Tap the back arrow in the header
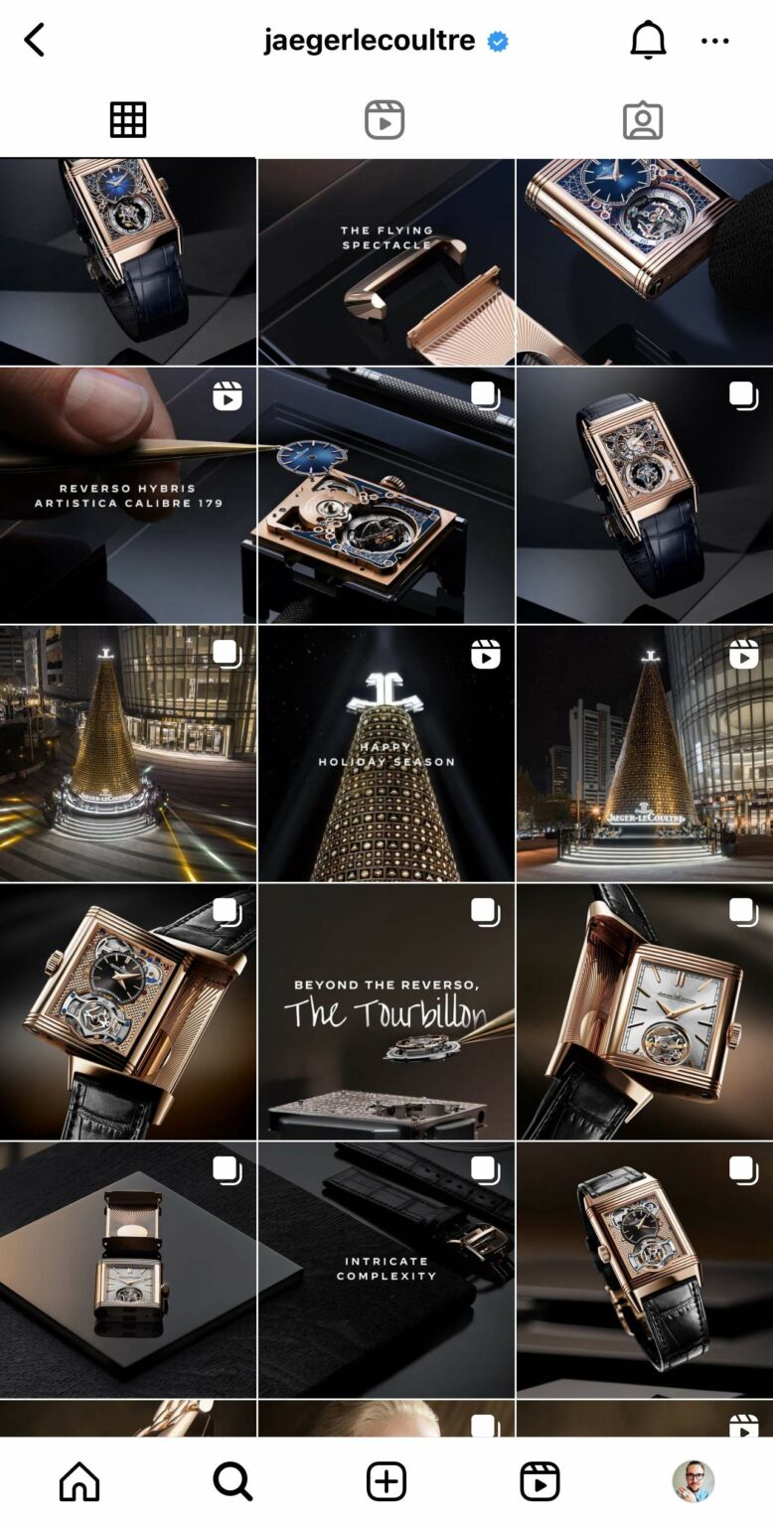click(x=35, y=41)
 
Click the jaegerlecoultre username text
click(x=370, y=41)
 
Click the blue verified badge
click(x=498, y=42)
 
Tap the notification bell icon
click(x=648, y=41)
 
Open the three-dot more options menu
click(x=715, y=41)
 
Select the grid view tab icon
click(x=128, y=120)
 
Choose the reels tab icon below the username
click(x=385, y=120)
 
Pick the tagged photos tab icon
click(x=643, y=120)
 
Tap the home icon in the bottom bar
click(x=79, y=1481)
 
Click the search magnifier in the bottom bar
click(x=232, y=1481)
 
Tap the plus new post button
click(x=386, y=1481)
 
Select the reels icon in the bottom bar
click(x=540, y=1481)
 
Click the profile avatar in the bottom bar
click(x=694, y=1481)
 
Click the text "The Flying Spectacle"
click(x=386, y=237)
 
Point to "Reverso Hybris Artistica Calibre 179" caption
click(x=128, y=496)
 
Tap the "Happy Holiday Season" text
click(x=386, y=754)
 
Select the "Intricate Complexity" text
click(x=386, y=1269)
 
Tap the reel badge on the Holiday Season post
click(x=486, y=654)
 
